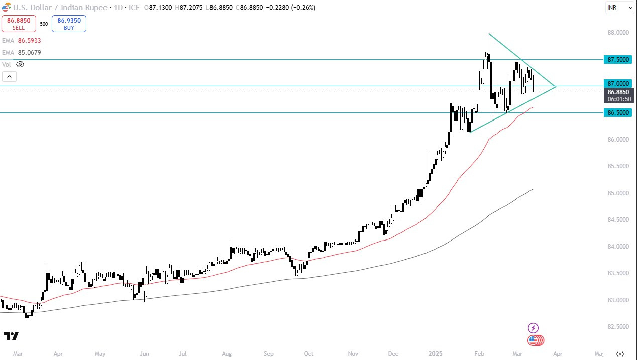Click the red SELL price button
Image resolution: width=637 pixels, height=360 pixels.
[18, 24]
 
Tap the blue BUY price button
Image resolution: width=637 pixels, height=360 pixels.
[69, 24]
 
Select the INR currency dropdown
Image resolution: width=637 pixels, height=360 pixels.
[619, 8]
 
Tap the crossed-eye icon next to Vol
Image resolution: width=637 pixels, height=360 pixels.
[20, 64]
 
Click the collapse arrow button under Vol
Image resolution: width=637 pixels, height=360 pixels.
[9, 77]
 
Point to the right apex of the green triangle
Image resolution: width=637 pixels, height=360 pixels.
[556, 87]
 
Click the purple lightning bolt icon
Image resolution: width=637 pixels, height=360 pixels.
[533, 328]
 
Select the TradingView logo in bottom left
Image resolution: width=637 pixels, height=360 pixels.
[11, 336]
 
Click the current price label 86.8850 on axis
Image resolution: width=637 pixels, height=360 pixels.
[619, 92]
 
